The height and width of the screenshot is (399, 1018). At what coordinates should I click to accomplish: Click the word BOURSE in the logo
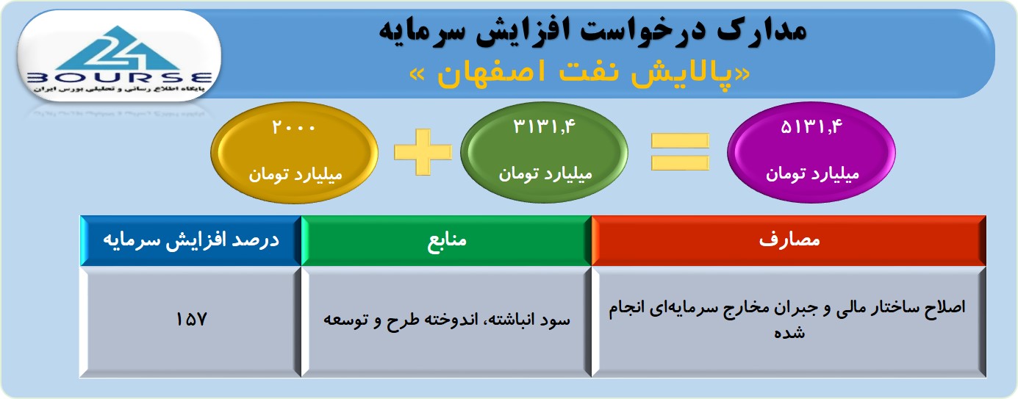[x=120, y=78]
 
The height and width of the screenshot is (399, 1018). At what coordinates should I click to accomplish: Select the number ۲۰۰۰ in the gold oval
[x=293, y=127]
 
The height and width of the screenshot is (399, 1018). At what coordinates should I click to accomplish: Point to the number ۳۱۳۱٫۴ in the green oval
[x=544, y=126]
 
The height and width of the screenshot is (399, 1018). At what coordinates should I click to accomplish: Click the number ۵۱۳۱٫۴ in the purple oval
[x=811, y=126]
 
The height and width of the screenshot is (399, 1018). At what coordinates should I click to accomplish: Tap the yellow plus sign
[x=423, y=152]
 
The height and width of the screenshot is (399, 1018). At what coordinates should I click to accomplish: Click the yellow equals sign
[x=680, y=152]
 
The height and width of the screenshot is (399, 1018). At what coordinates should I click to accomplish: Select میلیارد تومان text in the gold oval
[x=295, y=174]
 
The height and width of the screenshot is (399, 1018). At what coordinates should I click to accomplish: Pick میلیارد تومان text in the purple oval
[x=812, y=173]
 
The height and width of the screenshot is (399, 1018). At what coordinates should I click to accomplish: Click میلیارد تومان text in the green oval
[x=545, y=173]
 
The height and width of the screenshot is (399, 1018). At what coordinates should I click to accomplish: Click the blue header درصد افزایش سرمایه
[x=191, y=240]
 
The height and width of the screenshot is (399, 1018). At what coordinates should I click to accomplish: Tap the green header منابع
[x=446, y=240]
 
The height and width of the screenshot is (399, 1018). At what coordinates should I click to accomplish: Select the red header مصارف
[x=789, y=240]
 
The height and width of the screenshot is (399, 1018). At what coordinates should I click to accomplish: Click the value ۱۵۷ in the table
[x=191, y=319]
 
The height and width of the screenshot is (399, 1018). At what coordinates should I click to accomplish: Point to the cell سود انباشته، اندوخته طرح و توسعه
[x=446, y=320]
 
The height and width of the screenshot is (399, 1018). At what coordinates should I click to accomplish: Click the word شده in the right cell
[x=789, y=333]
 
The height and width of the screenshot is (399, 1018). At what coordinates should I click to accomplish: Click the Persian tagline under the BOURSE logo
[x=119, y=89]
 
